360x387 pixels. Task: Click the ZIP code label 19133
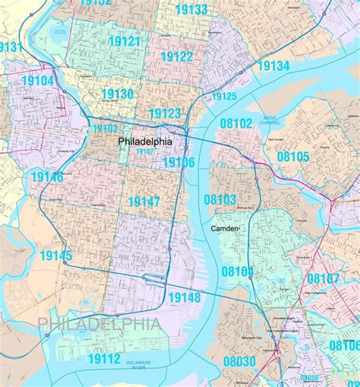pyautogui.click(x=191, y=10)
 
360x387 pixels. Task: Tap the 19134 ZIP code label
pyautogui.click(x=273, y=67)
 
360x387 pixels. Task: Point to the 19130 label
pyautogui.click(x=118, y=94)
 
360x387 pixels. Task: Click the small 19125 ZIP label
pyautogui.click(x=224, y=97)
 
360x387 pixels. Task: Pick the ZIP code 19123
pyautogui.click(x=165, y=113)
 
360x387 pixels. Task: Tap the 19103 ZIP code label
pyautogui.click(x=106, y=128)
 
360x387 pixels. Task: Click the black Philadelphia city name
pyautogui.click(x=144, y=141)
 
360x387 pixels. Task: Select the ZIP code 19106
pyautogui.click(x=178, y=162)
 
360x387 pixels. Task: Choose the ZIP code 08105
pyautogui.click(x=293, y=157)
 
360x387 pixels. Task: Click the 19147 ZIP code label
pyautogui.click(x=144, y=201)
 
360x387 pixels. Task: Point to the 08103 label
pyautogui.click(x=219, y=198)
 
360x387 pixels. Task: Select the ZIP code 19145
pyautogui.click(x=52, y=255)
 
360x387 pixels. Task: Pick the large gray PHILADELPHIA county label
pyautogui.click(x=99, y=325)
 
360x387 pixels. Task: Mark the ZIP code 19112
pyautogui.click(x=104, y=358)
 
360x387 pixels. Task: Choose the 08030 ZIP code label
pyautogui.click(x=240, y=361)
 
